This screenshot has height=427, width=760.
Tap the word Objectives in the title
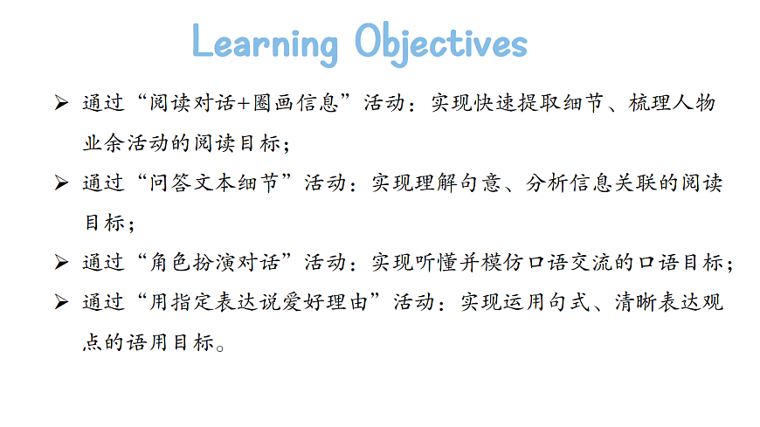coord(441,44)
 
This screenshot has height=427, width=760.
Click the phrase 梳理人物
coord(672,104)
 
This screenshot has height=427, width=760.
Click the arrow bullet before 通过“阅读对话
coord(60,104)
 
